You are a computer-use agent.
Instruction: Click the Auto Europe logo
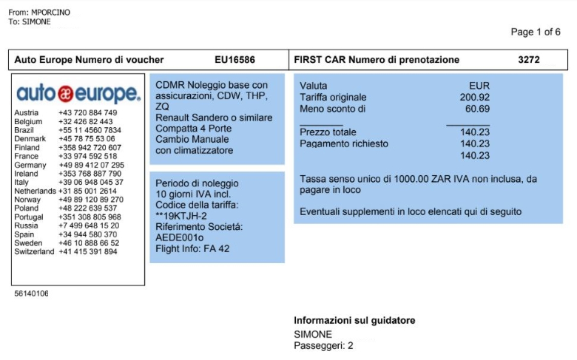pos(78,94)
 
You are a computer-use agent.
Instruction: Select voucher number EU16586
pos(234,60)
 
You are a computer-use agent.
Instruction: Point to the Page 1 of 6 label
pos(536,32)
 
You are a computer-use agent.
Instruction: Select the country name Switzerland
pos(34,251)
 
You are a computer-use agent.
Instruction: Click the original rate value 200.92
pos(474,97)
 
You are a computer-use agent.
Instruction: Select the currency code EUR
pos(479,86)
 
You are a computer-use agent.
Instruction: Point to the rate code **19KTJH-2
pos(181,215)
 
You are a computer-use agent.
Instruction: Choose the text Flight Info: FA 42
pos(192,249)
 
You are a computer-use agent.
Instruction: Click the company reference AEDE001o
pos(179,238)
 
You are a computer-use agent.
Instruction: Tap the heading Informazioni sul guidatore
pos(354,320)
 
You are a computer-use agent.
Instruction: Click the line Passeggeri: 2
pos(323,345)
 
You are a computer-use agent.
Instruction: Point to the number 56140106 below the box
pos(31,293)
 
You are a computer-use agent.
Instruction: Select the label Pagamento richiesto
pos(344,143)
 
